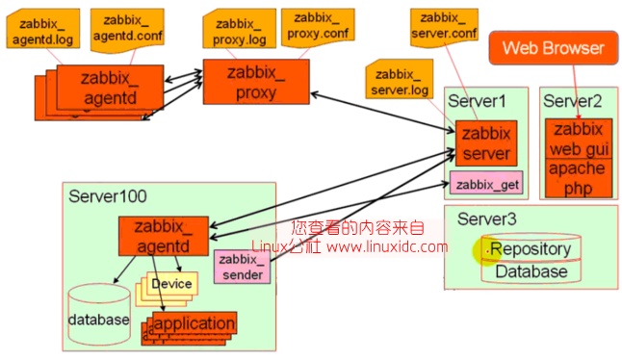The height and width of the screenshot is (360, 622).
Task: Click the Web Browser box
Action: click(x=554, y=47)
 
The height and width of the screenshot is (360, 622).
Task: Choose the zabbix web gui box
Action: click(x=577, y=139)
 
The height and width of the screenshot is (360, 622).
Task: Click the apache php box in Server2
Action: click(x=577, y=177)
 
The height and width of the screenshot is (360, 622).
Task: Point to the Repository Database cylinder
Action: click(x=530, y=259)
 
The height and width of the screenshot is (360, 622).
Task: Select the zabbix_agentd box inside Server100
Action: click(x=163, y=237)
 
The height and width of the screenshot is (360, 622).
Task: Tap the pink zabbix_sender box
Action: click(x=244, y=266)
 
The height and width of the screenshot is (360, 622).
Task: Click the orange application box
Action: click(x=194, y=323)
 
